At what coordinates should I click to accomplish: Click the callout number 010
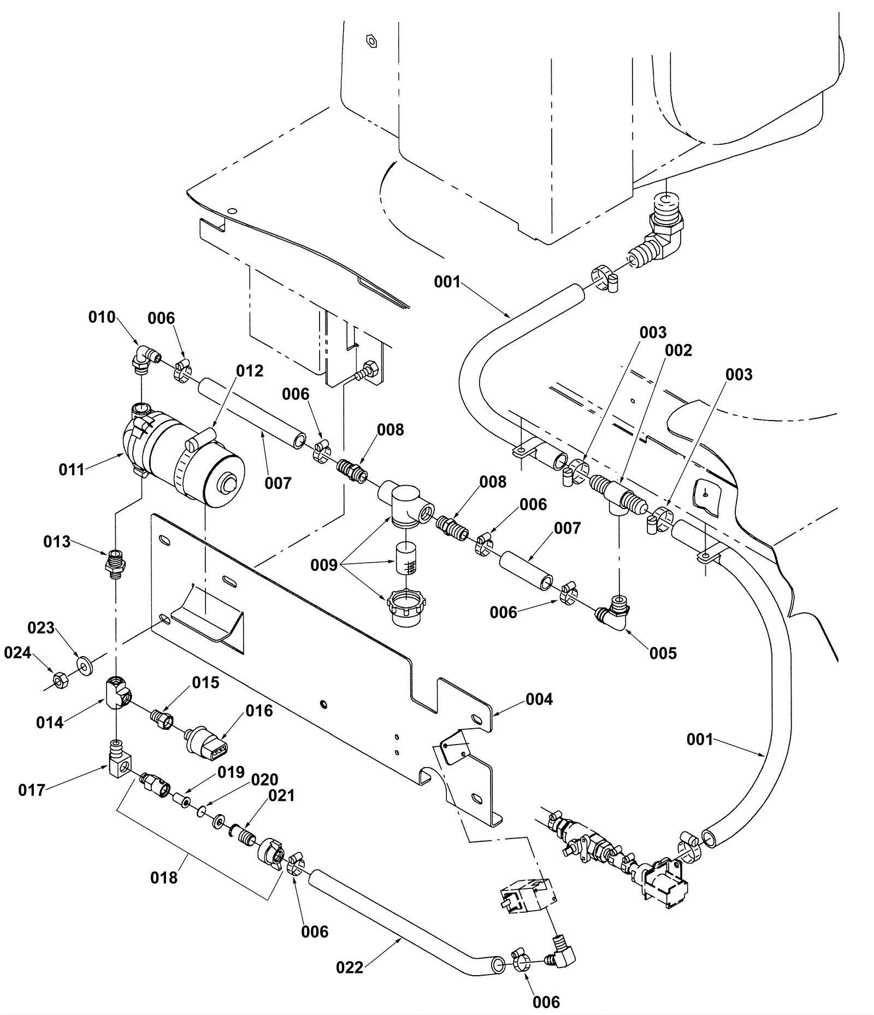[102, 317]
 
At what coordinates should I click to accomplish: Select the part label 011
[72, 469]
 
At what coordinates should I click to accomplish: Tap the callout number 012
[250, 371]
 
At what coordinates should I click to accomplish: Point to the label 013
[57, 542]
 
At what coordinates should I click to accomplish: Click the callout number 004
[539, 699]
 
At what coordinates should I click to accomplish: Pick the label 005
[663, 653]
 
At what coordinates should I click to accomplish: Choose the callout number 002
[679, 350]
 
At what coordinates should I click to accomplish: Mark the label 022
[350, 967]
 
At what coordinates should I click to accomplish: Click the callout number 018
[164, 877]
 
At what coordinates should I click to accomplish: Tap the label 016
[259, 711]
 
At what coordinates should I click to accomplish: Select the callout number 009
[324, 565]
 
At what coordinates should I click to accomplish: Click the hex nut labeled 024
[59, 680]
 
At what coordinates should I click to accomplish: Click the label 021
[282, 796]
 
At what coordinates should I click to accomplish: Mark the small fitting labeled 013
[115, 560]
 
